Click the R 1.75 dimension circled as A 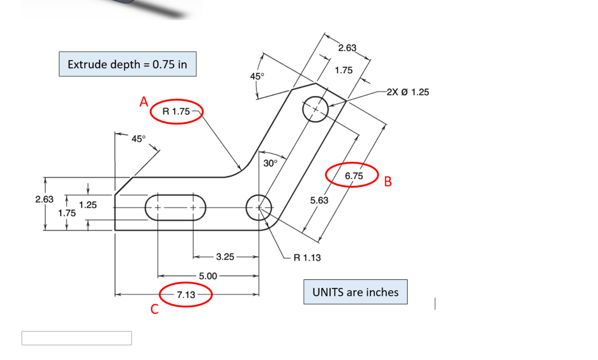coord(176,111)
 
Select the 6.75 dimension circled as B coord(353,176)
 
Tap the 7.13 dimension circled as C coord(186,295)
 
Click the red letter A coord(144,102)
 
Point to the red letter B coord(388,181)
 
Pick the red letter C coord(154,309)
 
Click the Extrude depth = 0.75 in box coord(128,64)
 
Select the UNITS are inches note coord(355,292)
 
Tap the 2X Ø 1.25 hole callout coord(408,92)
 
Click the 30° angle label coord(270,163)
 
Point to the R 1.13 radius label coord(307,258)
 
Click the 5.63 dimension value coord(319,200)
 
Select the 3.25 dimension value coord(225,257)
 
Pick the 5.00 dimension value coord(208,276)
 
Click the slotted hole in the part coord(175,207)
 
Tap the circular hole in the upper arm coord(315,109)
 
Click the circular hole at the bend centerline coord(259,207)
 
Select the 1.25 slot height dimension coord(88,205)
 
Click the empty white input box coord(77,338)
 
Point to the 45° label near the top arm coord(257,76)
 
